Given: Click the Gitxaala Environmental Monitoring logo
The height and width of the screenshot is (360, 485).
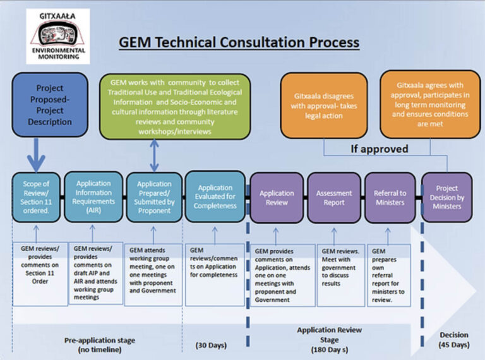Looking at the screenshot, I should [x=57, y=36].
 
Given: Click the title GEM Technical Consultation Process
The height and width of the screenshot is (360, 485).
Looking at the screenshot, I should [x=239, y=42].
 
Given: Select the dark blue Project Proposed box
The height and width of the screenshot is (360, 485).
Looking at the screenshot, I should [x=49, y=105].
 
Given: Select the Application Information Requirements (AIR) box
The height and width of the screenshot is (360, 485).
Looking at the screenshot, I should [x=93, y=197].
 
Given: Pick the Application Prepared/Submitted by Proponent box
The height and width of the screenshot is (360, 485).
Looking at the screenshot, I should [x=153, y=197].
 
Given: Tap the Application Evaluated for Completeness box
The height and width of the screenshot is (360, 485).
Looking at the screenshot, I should [x=215, y=197].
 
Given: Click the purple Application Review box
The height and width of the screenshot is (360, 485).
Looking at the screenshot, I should [x=276, y=198].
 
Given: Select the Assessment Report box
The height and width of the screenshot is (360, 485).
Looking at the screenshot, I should [x=333, y=198].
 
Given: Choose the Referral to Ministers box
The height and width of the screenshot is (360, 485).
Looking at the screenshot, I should [x=390, y=198].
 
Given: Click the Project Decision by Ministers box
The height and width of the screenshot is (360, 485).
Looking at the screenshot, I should [x=446, y=198].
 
